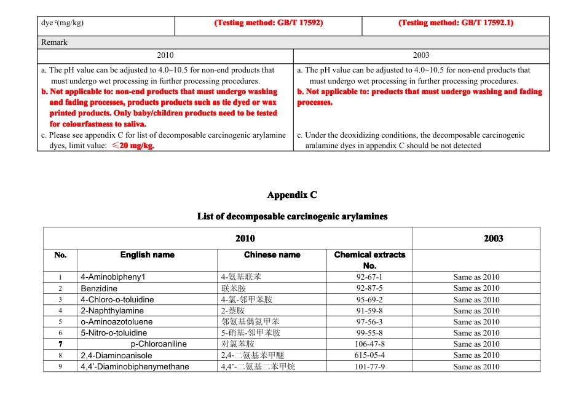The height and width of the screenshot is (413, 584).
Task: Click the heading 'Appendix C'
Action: pos(292,195)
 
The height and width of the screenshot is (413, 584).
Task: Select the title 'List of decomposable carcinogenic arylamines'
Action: pos(292,216)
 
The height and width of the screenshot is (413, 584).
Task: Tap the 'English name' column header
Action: pos(148,254)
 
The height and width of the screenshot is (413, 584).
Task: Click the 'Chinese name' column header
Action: pos(272,254)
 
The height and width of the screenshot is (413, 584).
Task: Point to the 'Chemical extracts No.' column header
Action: pos(369,260)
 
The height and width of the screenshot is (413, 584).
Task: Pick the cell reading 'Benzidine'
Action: pos(99,288)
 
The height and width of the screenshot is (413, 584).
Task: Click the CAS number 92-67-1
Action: pos(369,277)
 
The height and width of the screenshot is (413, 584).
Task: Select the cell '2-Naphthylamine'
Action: pos(112,311)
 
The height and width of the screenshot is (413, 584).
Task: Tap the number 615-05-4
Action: pos(369,355)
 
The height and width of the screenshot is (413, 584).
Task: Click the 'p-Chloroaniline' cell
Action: pos(159,344)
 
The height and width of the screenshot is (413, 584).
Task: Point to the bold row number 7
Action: pos(60,344)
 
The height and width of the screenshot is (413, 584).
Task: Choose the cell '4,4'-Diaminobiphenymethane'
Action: pos(135,367)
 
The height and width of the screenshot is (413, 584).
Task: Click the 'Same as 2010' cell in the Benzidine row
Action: pos(476,288)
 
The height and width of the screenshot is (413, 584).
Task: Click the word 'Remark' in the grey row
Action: pos(54,42)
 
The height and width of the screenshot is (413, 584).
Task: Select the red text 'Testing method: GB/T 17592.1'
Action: pos(456,23)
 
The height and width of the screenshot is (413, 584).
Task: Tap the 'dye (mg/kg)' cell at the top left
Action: pos(62,23)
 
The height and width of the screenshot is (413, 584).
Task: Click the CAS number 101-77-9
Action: pos(369,367)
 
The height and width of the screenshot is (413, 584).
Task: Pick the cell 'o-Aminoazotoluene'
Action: pos(116,322)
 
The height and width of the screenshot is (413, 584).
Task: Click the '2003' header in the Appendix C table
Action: pos(493,238)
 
